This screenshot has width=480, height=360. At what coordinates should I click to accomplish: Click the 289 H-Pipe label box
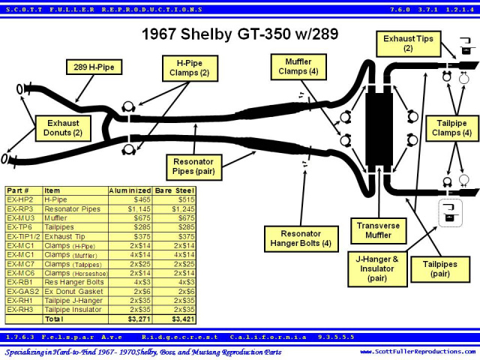pos(94,67)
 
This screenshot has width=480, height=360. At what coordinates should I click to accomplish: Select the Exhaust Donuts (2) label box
pos(63,128)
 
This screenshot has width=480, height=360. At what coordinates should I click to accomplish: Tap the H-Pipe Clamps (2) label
pos(190,68)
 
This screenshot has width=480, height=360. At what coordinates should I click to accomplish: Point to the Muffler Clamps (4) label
pos(298,67)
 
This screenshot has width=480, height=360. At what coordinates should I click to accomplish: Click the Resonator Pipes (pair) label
pos(193,167)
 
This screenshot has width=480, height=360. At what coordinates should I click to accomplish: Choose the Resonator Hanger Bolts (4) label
pos(301,238)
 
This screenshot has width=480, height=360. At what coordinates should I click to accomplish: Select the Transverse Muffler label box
pos(378,231)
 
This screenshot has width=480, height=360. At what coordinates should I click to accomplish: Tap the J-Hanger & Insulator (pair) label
pos(377,269)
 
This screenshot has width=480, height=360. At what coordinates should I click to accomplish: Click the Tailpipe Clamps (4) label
pos(451,128)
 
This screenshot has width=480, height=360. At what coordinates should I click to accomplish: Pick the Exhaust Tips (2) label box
pos(408,43)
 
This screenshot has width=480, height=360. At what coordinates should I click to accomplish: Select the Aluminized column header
pos(130,190)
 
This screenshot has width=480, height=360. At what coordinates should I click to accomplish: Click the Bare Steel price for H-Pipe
pos(187,200)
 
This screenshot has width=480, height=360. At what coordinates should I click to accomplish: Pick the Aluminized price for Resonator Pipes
pos(139,209)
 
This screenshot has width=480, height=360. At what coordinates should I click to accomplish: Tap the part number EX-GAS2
pos(23,292)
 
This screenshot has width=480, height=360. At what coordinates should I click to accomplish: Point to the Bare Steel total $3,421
pos(183,319)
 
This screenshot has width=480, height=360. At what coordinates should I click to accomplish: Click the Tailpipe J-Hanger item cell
pos(73,301)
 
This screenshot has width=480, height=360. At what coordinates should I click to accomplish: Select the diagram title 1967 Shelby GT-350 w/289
pos(240,34)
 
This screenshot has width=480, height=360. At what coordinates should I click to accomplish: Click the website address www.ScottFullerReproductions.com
pos(418,352)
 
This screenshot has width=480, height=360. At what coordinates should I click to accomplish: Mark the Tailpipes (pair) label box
pos(440,269)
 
